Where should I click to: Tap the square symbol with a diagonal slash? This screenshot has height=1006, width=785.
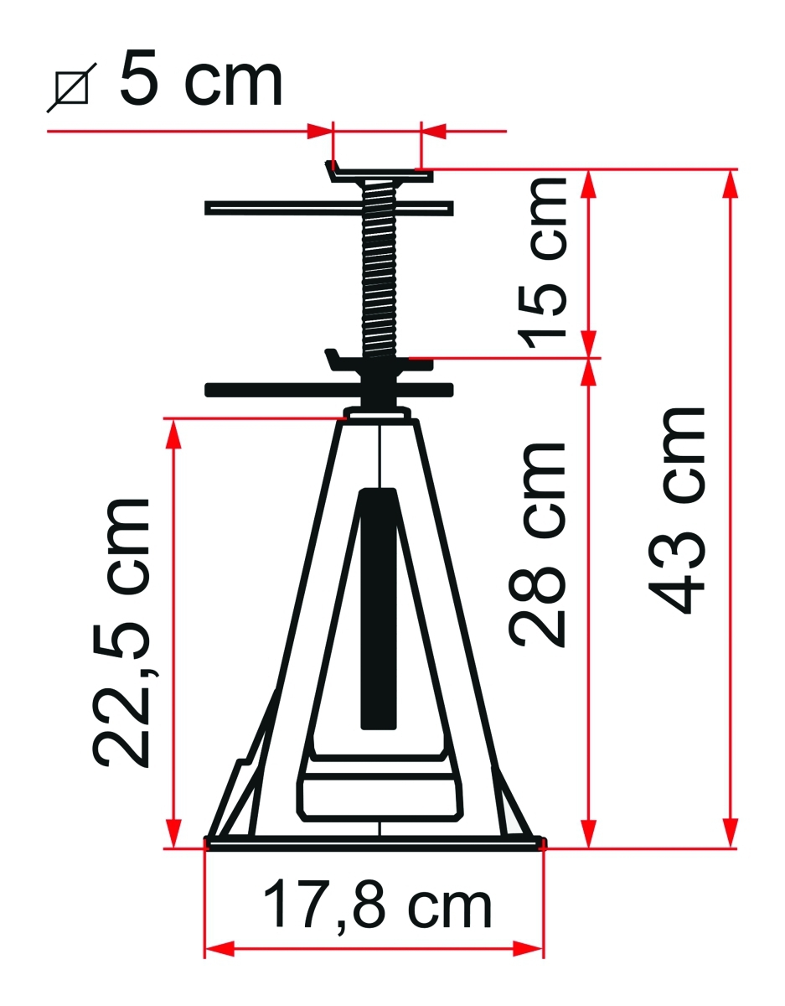pyautogui.click(x=72, y=87)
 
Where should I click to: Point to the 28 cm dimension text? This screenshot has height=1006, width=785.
pyautogui.click(x=539, y=544)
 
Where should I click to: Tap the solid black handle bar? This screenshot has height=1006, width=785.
pyautogui.click(x=328, y=390)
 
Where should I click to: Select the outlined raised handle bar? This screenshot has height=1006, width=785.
pyautogui.click(x=328, y=208)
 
